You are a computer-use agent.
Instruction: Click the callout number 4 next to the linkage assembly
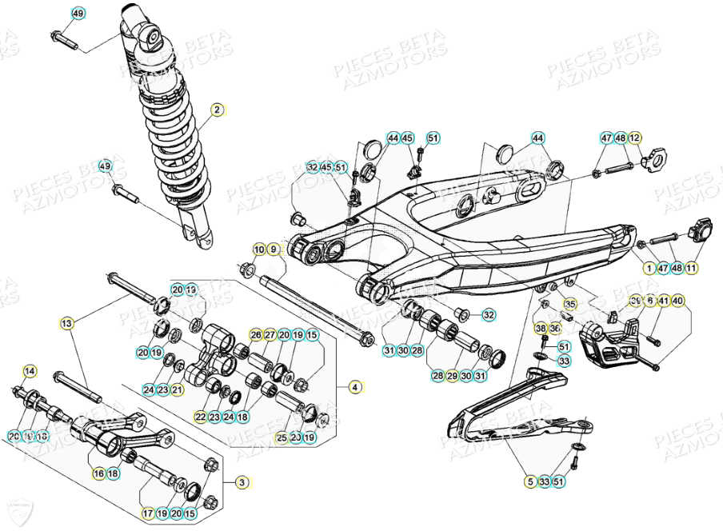354,386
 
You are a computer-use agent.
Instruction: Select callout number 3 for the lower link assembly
242,482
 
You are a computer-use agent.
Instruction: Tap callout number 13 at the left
67,323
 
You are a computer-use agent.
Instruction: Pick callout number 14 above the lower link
30,370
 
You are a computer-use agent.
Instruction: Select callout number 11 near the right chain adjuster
690,268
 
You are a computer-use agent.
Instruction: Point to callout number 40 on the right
677,301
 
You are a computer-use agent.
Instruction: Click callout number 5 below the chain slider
529,481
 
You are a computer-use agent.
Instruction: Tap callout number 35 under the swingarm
569,304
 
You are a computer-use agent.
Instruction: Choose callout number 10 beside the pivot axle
259,250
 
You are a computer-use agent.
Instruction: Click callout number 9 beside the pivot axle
274,250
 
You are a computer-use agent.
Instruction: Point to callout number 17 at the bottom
148,513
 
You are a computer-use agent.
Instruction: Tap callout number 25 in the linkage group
282,437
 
